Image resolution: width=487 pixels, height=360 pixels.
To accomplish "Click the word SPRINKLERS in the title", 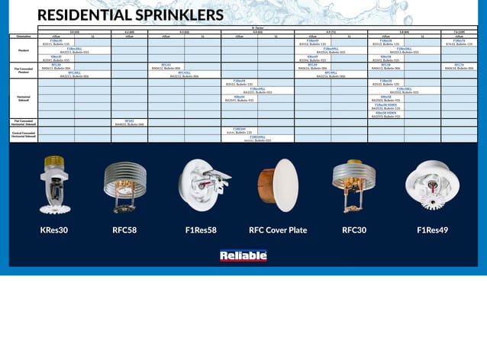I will click(x=175, y=16).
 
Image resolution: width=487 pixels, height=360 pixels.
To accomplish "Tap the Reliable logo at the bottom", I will click(x=243, y=256).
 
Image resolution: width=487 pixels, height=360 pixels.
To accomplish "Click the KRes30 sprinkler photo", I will click(x=55, y=183).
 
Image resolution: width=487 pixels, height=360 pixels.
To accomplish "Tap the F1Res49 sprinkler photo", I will click(x=432, y=185).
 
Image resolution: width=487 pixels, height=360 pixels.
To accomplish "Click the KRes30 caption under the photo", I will click(x=54, y=229).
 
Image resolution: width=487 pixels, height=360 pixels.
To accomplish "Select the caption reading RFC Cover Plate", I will click(x=278, y=229).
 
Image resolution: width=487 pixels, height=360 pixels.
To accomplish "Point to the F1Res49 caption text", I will click(x=432, y=229).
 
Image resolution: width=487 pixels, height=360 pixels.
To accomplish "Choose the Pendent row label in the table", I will click(x=23, y=50).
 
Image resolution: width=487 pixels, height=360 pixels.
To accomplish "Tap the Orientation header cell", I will click(x=23, y=35).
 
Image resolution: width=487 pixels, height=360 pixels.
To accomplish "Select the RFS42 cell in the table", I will click(x=129, y=120).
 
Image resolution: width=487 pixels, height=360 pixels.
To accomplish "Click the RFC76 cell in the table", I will click(x=459, y=65).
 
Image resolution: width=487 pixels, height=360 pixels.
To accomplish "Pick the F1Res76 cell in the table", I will click(x=459, y=40).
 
